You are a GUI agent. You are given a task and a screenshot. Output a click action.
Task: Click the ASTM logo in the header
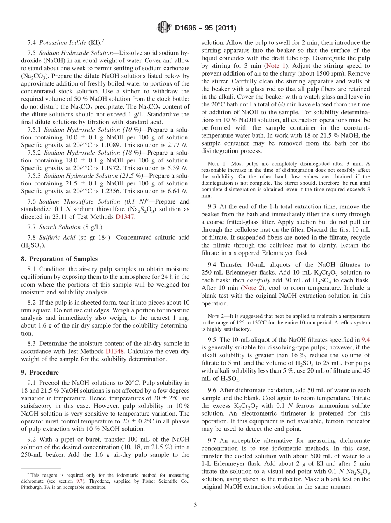coord(164,28)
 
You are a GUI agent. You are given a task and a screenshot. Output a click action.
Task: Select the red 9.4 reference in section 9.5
coord(365,340)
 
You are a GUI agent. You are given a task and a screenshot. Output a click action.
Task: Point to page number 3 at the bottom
coord(195,505)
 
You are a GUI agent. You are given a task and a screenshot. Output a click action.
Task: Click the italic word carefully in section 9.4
coord(259,280)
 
